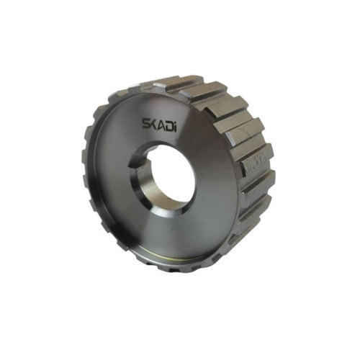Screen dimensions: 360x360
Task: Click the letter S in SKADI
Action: [146, 124]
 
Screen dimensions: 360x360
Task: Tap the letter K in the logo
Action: [153, 125]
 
